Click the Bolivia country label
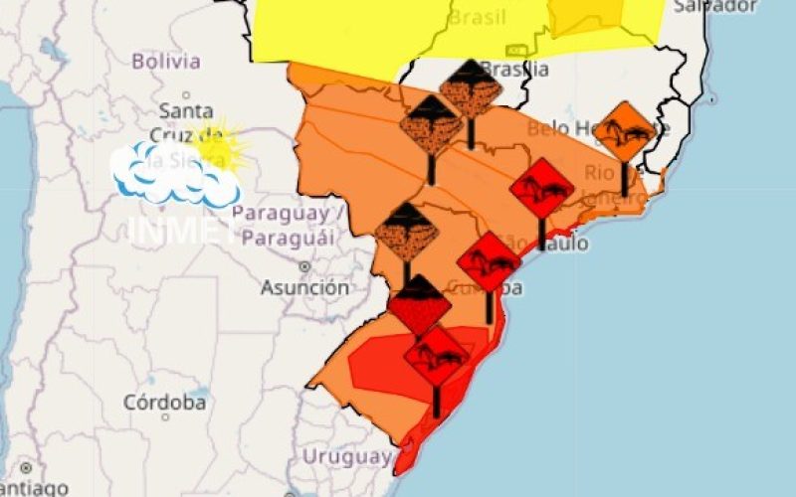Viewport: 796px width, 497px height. point(166,62)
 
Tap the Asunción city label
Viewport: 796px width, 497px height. point(305,288)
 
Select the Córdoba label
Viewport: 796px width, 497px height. point(165,404)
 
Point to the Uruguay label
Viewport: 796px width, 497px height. point(347,458)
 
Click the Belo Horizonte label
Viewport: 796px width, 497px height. point(597,129)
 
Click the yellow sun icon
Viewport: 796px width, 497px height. point(218,145)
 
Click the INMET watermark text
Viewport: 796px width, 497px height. point(179,229)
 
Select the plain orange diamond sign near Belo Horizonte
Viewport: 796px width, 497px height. point(624,129)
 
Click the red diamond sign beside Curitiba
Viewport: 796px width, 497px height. point(489,260)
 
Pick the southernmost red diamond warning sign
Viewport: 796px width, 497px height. point(436,355)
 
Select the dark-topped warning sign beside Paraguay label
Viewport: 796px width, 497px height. point(406,233)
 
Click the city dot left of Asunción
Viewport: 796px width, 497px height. point(304,266)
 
